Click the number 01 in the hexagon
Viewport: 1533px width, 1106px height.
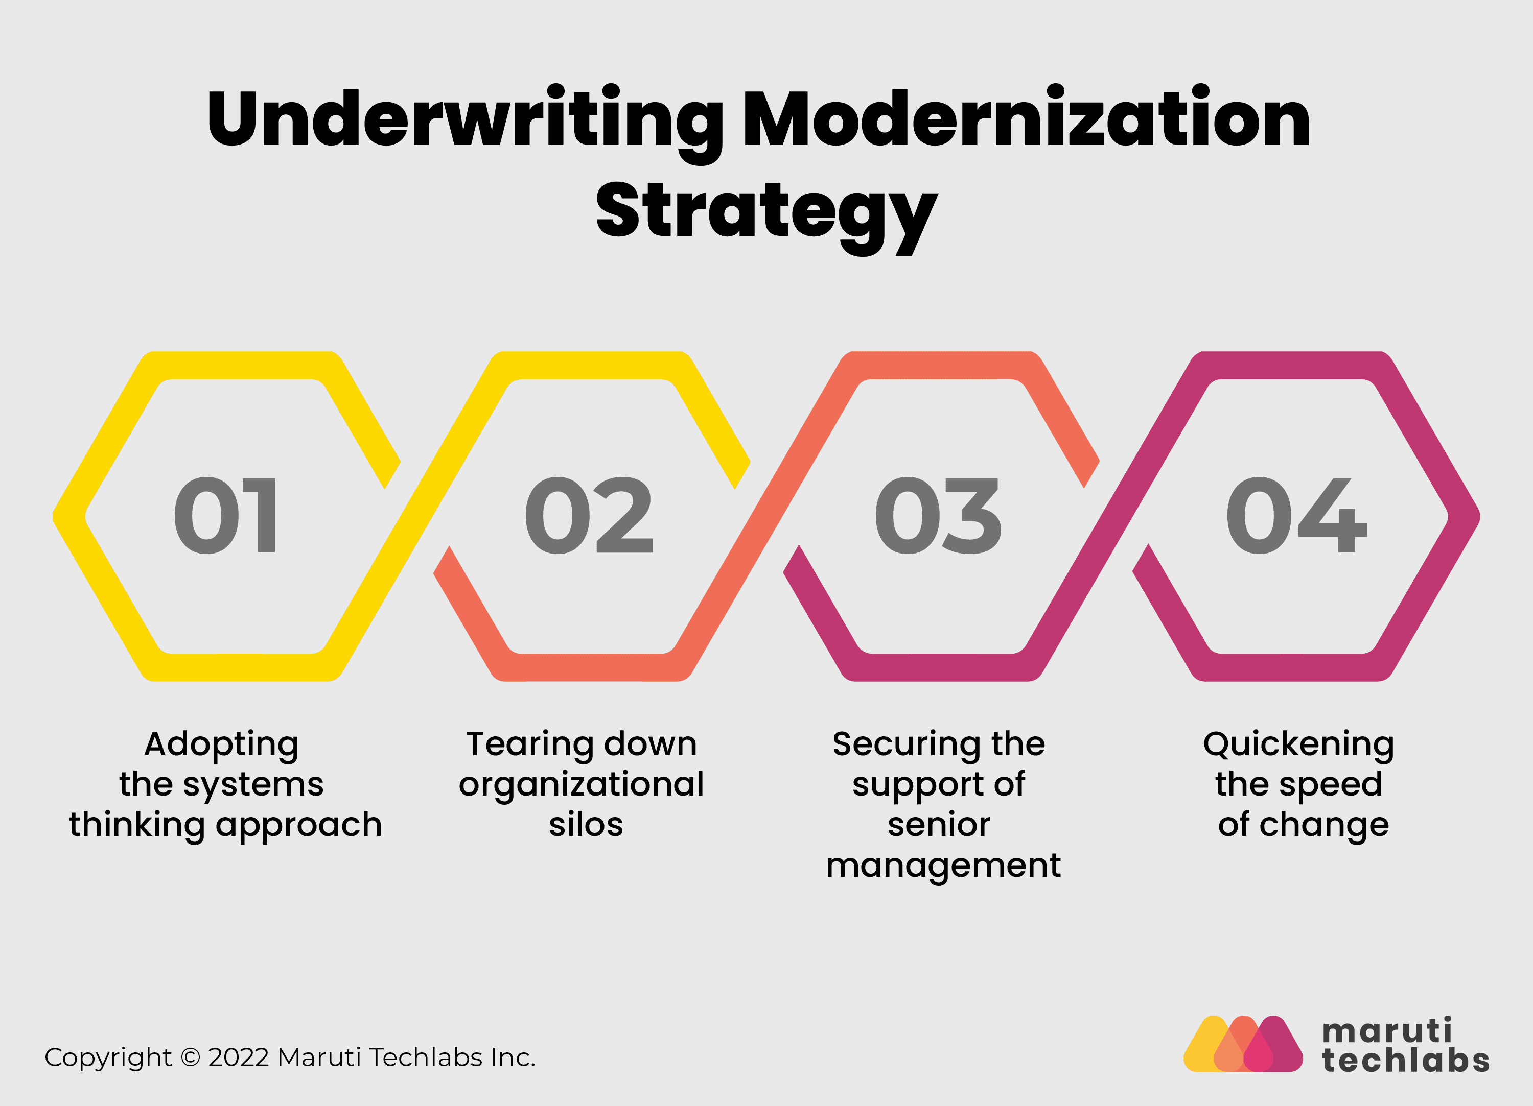pos(225,516)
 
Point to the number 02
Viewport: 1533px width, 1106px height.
pos(589,516)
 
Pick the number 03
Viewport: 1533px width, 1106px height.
pos(938,516)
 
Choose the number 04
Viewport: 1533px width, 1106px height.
pos(1296,516)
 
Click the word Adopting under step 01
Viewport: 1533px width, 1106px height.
pos(222,744)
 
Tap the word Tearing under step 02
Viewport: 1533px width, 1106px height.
pos(524,744)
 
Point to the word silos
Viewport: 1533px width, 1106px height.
pos(586,825)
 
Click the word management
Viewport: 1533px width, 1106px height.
pos(943,865)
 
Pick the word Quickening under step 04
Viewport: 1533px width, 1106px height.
pos(1298,744)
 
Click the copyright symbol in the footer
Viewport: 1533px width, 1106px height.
pos(191,1057)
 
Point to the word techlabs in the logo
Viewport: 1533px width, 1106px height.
pos(1406,1060)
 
